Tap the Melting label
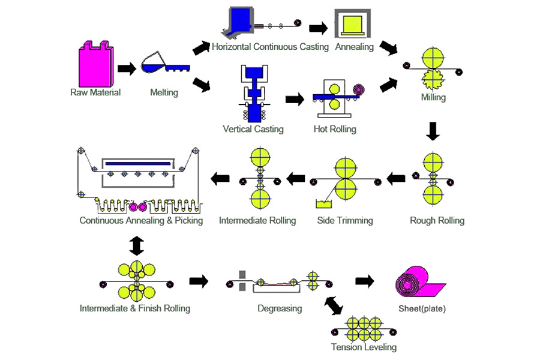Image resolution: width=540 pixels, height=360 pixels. (x=164, y=92)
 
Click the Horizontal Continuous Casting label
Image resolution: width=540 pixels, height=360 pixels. (x=269, y=46)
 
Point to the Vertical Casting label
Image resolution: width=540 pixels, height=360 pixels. (x=253, y=129)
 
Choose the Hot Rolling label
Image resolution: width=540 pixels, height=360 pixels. (x=335, y=129)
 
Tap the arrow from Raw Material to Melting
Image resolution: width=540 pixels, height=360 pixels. (x=127, y=68)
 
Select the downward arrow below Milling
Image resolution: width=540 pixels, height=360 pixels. (x=433, y=131)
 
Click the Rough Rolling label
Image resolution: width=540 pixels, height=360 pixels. (x=437, y=220)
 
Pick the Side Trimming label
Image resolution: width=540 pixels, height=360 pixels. (x=345, y=220)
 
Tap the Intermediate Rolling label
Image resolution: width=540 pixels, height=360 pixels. (x=257, y=220)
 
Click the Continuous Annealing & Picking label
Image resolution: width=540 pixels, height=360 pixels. (x=141, y=220)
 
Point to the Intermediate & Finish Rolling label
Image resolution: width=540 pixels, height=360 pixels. (x=135, y=308)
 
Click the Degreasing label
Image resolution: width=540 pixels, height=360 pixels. (x=280, y=308)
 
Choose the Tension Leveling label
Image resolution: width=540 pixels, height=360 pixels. (x=364, y=347)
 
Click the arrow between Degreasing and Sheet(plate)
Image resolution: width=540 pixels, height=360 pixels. (x=365, y=280)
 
